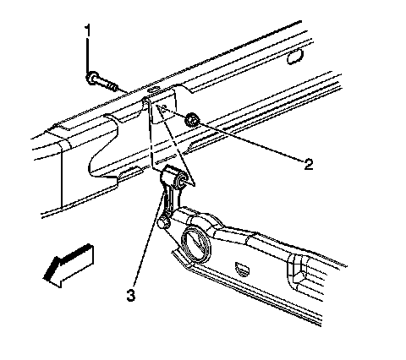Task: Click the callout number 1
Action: coord(88,30)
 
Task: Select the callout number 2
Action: coord(309,164)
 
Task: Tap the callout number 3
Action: coord(130,296)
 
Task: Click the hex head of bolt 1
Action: coord(91,78)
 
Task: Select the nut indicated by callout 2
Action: coord(192,120)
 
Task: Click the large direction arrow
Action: coord(69,265)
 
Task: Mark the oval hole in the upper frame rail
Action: coord(295,57)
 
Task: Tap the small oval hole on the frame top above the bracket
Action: coord(153,90)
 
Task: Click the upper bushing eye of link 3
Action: coord(181,181)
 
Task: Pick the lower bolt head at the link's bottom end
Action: coord(163,221)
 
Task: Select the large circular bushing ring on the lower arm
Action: coord(196,244)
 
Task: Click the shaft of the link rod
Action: coord(171,201)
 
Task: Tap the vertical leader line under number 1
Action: coord(88,55)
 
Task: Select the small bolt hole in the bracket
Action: coord(165,106)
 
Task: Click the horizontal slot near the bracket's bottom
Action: coord(164,161)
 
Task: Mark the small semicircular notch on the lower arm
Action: coord(243,268)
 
